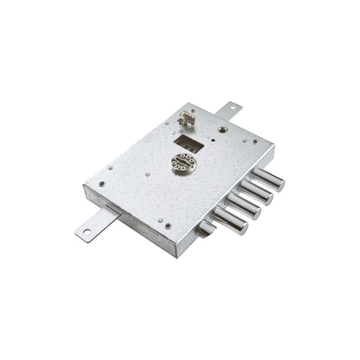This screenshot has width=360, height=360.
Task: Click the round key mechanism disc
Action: (x=184, y=162)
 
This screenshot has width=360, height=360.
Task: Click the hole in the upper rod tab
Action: (x=233, y=107)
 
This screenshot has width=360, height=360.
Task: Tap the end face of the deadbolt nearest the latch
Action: (x=243, y=228)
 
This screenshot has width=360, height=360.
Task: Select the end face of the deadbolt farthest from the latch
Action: (x=279, y=184)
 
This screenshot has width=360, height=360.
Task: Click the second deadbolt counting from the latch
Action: (x=243, y=206)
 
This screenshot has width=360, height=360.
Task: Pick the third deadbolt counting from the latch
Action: (x=256, y=192)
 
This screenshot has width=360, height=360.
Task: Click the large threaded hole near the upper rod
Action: (x=221, y=130)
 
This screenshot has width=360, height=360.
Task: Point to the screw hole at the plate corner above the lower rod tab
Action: (x=102, y=184)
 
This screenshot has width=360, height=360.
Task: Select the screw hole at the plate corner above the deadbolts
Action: (x=255, y=141)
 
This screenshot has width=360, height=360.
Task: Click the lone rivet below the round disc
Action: (x=148, y=174)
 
